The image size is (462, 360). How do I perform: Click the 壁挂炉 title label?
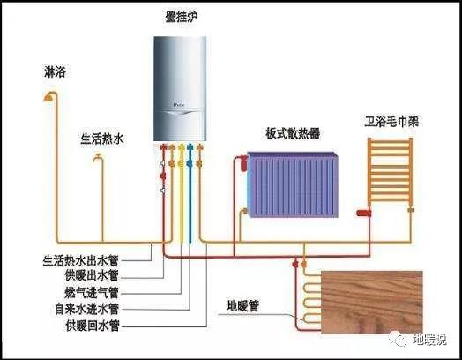pos(181,18)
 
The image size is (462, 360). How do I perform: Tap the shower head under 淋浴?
pos(49,97)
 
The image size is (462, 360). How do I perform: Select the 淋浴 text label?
pos(55,71)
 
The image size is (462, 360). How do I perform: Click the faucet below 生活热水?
pos(97,158)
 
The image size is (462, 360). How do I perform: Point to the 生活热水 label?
pos(102,139)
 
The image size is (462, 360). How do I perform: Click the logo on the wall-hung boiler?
pos(179,104)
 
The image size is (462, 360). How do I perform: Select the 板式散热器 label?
pos(293,133)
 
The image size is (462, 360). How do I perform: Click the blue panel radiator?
pos(293,185)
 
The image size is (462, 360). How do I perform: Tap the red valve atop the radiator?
pos(243,163)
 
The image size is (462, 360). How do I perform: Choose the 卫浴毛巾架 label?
pos(391,122)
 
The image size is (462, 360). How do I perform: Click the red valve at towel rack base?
pos(364,213)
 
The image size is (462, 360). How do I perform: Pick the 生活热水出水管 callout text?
pos(80,261)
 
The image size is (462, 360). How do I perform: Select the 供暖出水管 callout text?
pos(92,275)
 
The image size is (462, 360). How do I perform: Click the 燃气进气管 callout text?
pos(92,292)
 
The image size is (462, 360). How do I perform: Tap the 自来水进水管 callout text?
pos(87,309)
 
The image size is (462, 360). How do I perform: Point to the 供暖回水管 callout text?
pos(93,326)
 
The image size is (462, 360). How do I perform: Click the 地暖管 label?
pos(242,306)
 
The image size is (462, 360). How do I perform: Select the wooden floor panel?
pos(372,303)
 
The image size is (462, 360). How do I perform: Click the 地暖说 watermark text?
pos(429,339)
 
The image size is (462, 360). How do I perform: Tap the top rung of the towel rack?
pos(390,142)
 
